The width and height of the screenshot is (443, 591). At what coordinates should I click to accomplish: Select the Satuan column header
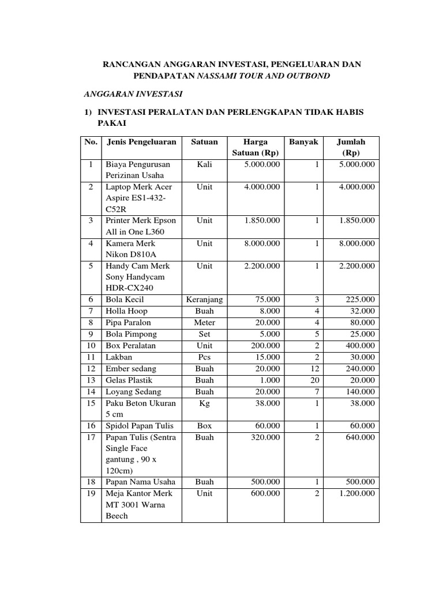coord(204,142)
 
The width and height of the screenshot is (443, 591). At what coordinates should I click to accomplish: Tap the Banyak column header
coord(303,142)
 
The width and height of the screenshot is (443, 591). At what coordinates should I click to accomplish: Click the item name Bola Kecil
coord(124,300)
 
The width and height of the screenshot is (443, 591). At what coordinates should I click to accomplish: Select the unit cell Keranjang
coord(204,300)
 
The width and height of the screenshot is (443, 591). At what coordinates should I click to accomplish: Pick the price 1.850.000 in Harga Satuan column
coord(262,220)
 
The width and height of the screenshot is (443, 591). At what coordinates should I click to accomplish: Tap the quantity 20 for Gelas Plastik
coord(314,380)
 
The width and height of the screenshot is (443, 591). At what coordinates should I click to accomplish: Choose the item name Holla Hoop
coord(126,311)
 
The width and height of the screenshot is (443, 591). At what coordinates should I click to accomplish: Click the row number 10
coord(91,346)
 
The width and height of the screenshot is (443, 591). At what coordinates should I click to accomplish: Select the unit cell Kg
coord(204,403)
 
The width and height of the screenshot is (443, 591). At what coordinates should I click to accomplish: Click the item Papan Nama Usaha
coord(140,482)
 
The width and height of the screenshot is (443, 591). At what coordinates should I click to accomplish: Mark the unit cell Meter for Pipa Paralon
coord(204,323)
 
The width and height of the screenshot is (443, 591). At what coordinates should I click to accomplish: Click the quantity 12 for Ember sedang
coord(314,369)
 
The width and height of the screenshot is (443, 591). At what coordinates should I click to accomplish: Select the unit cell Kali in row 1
coord(204,164)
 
